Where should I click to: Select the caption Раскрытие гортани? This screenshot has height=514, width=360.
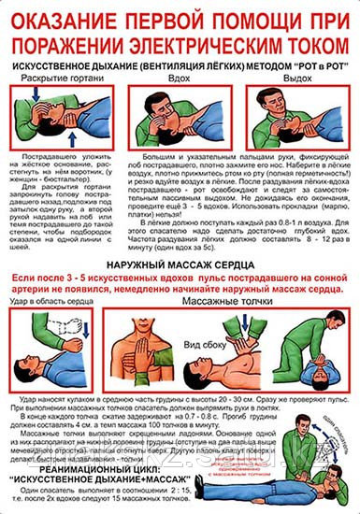click(x=56, y=80)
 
